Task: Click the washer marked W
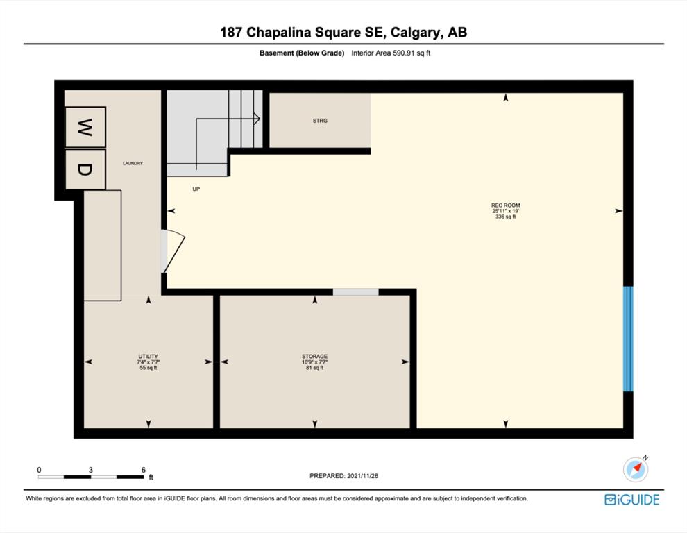tap(85, 127)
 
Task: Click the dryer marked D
tap(85, 169)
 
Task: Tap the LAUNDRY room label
tap(133, 164)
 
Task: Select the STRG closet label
tap(320, 121)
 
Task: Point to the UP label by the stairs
tap(196, 189)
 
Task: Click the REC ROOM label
tap(506, 205)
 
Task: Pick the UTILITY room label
tap(148, 356)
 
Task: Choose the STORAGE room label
tap(314, 356)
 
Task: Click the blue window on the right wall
tap(628, 339)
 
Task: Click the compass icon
tap(636, 469)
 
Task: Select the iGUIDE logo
tap(631, 500)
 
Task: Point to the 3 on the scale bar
tap(91, 470)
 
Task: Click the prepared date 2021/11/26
tap(362, 475)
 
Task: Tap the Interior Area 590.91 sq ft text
tap(391, 53)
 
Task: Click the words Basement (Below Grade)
tap(302, 53)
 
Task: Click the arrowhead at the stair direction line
tap(257, 119)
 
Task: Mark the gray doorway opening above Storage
tap(356, 292)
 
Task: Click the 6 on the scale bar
tap(143, 470)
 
